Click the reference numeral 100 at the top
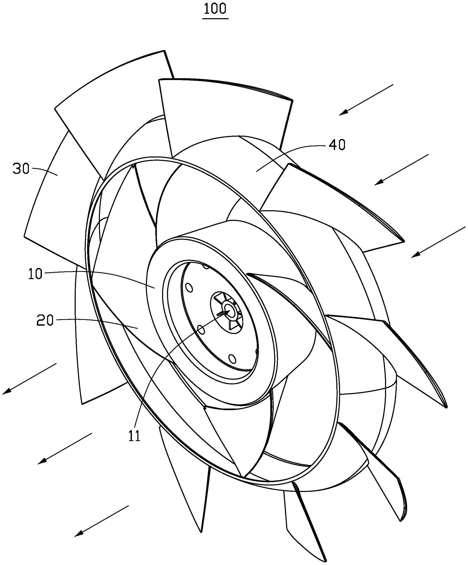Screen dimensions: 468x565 (x=215, y=9)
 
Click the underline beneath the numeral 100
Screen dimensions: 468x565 (x=215, y=19)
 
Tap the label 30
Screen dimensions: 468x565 (x=21, y=169)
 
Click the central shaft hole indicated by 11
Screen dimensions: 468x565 (x=229, y=310)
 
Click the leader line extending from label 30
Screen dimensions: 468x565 (x=45, y=170)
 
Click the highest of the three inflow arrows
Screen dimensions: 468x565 (x=366, y=100)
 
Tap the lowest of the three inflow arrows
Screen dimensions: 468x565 (x=438, y=242)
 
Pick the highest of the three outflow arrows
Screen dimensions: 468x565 (x=29, y=379)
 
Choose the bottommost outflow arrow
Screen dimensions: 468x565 (x=101, y=521)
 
